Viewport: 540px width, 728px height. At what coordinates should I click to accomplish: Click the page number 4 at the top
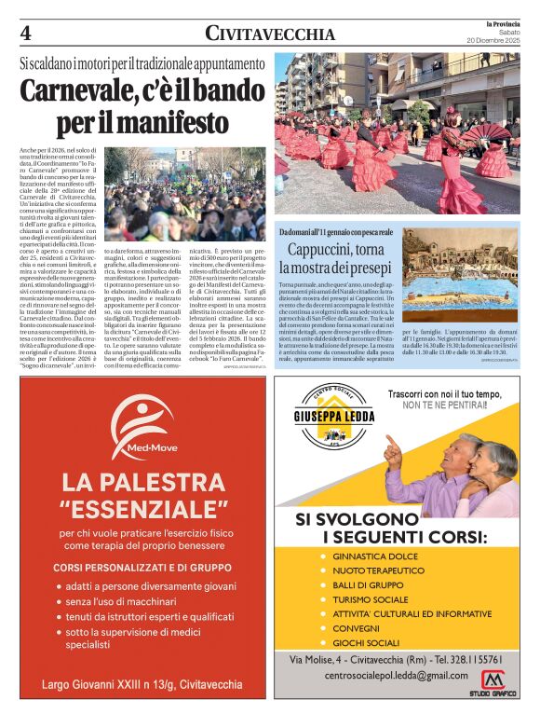tap(26, 34)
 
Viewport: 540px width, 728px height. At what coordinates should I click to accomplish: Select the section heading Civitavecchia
tap(270, 34)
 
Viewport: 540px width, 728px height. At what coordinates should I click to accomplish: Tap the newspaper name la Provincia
tap(499, 22)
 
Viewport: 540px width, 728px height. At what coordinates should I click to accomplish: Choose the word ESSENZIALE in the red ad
tap(142, 509)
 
